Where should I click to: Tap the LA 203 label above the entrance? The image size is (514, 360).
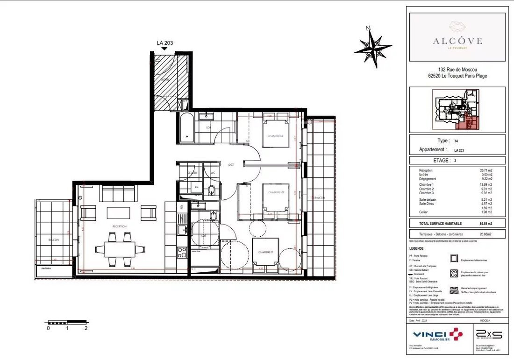click(164, 43)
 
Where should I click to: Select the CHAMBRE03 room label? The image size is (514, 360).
click(275, 136)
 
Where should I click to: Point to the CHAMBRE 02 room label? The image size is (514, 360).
click(276, 192)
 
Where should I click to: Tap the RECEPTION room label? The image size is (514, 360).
click(119, 226)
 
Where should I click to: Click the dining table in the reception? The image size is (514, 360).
click(120, 249)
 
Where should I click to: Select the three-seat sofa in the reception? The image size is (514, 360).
click(119, 192)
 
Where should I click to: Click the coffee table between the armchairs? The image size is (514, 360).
click(119, 213)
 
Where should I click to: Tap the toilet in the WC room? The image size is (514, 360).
click(212, 189)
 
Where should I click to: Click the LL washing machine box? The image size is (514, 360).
click(196, 187)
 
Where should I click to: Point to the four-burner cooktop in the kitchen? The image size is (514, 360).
click(182, 252)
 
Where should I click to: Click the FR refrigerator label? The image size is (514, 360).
click(182, 206)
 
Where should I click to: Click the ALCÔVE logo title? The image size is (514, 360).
click(457, 41)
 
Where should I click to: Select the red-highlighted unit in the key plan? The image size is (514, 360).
click(464, 122)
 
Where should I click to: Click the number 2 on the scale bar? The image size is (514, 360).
click(86, 328)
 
